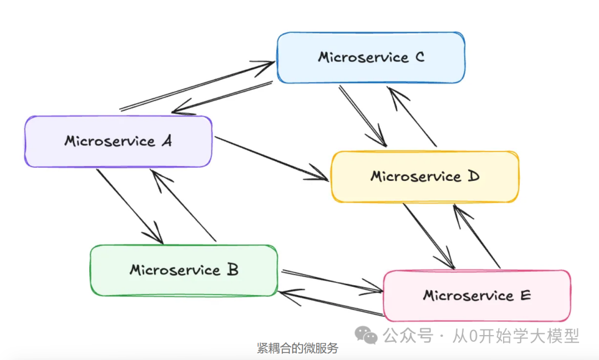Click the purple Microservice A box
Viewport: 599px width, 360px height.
tap(118, 141)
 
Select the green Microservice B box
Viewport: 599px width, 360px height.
tap(184, 270)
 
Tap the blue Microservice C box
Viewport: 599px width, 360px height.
tap(370, 58)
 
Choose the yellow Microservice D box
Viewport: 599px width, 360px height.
tap(425, 176)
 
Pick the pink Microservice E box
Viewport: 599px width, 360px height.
tap(477, 296)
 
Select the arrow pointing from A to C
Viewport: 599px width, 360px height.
tap(197, 86)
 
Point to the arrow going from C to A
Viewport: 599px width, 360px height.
tap(222, 98)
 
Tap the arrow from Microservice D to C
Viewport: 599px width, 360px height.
tap(413, 116)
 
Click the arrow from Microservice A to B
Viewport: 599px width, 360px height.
tap(129, 206)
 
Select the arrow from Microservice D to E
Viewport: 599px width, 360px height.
tap(428, 236)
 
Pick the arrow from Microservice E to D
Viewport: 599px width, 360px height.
tap(477, 236)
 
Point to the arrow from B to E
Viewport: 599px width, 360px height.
tap(332, 281)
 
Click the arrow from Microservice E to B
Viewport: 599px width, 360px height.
tap(331, 302)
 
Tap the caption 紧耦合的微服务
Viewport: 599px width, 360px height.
tap(297, 348)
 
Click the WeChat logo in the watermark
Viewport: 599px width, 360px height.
tap(367, 334)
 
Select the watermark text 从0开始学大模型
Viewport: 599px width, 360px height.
tap(516, 336)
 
